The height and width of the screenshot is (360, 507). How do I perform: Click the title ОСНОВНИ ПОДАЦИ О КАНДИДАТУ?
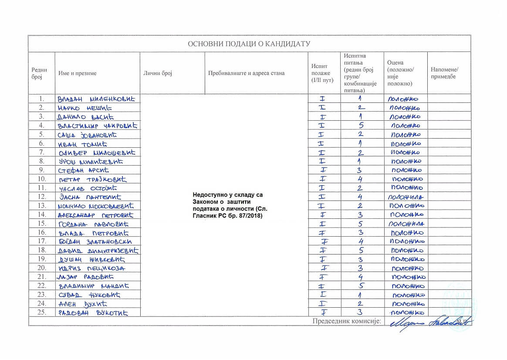(x=249, y=44)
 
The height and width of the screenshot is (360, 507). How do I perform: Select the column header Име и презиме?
(x=78, y=73)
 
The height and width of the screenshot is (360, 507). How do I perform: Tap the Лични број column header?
(x=158, y=73)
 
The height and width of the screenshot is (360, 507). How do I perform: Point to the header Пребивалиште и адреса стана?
(x=246, y=73)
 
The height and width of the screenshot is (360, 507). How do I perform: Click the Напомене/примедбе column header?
(x=444, y=73)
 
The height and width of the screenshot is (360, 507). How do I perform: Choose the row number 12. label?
(x=42, y=197)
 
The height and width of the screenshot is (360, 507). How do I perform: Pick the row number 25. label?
(x=42, y=312)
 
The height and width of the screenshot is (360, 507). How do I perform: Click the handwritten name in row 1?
(x=96, y=99)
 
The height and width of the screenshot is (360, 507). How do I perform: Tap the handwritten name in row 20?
(x=92, y=268)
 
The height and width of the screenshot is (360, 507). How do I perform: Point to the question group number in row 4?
(x=361, y=126)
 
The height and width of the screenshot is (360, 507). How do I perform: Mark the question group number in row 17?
(x=361, y=241)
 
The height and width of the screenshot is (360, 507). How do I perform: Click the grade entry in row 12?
(x=406, y=197)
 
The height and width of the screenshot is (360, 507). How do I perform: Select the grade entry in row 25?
(x=405, y=312)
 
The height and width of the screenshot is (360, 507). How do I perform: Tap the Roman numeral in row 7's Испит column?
(x=322, y=152)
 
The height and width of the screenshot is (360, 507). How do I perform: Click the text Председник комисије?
(x=347, y=321)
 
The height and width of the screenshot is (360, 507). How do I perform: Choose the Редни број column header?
(x=39, y=73)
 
